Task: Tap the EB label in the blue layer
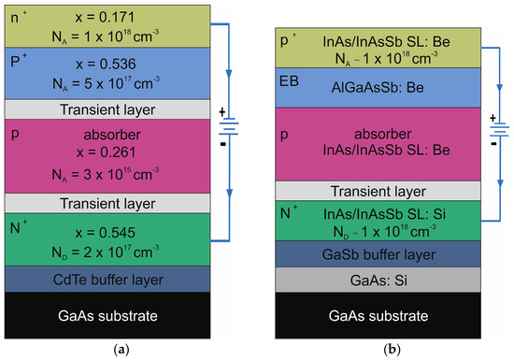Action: (288, 82)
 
